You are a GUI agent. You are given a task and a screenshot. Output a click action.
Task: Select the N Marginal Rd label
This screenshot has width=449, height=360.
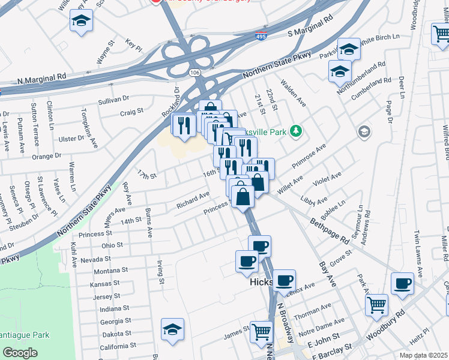pos(41,78)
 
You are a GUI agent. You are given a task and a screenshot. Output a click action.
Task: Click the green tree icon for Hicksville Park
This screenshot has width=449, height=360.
pos(295,130)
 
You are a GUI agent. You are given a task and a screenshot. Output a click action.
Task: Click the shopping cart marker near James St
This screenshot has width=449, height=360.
pos(261,331)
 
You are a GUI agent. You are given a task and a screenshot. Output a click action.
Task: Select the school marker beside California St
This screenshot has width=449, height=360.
pos(172,329)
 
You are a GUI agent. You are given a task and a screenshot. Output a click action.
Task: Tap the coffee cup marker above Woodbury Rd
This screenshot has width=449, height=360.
pos(402,283)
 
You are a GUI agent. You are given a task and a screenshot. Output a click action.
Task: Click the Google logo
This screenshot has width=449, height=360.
pos(20,353)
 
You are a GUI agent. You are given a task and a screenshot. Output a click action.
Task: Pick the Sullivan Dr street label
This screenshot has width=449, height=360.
pos(113,98)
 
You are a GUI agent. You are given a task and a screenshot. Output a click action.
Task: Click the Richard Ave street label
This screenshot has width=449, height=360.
pos(192,200)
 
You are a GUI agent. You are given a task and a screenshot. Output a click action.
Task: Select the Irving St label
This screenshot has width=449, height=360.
pos(160,271)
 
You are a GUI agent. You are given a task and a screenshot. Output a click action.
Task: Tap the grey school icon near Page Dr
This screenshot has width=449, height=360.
pos(363,131)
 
